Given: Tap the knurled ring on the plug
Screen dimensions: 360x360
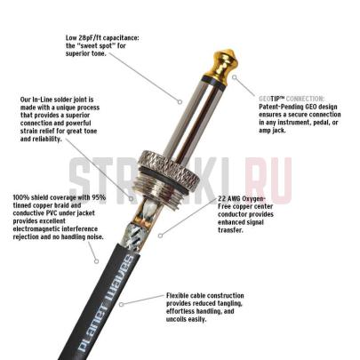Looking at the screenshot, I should tap(181, 173).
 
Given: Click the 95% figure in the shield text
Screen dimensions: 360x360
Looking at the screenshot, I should tap(99, 196).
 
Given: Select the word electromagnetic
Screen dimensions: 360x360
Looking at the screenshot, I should tap(44, 229).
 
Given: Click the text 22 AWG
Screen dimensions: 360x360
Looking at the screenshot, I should tap(231, 199).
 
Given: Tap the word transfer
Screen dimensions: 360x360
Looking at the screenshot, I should tap(231, 229).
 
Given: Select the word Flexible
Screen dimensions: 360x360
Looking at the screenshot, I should tap(182, 295).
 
